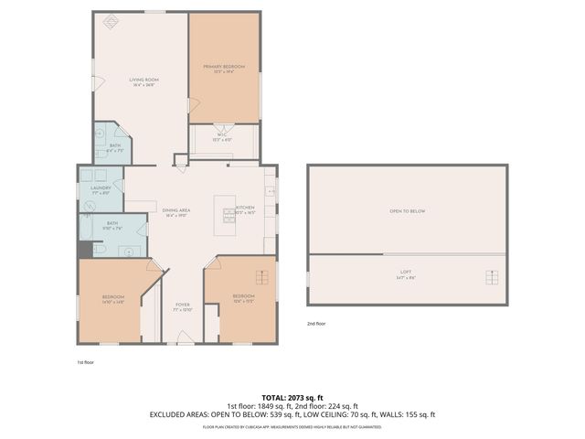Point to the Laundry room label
click(x=100, y=189)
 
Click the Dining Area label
click(x=176, y=211)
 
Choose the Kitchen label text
click(x=245, y=209)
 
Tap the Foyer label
click(x=182, y=307)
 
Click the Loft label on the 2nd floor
click(x=406, y=273)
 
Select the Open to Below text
click(x=408, y=211)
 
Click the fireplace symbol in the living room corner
click(x=111, y=23)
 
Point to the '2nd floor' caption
click(x=316, y=324)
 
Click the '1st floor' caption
click(x=85, y=362)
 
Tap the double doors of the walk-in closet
click(x=223, y=126)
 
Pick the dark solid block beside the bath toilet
click(x=84, y=249)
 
